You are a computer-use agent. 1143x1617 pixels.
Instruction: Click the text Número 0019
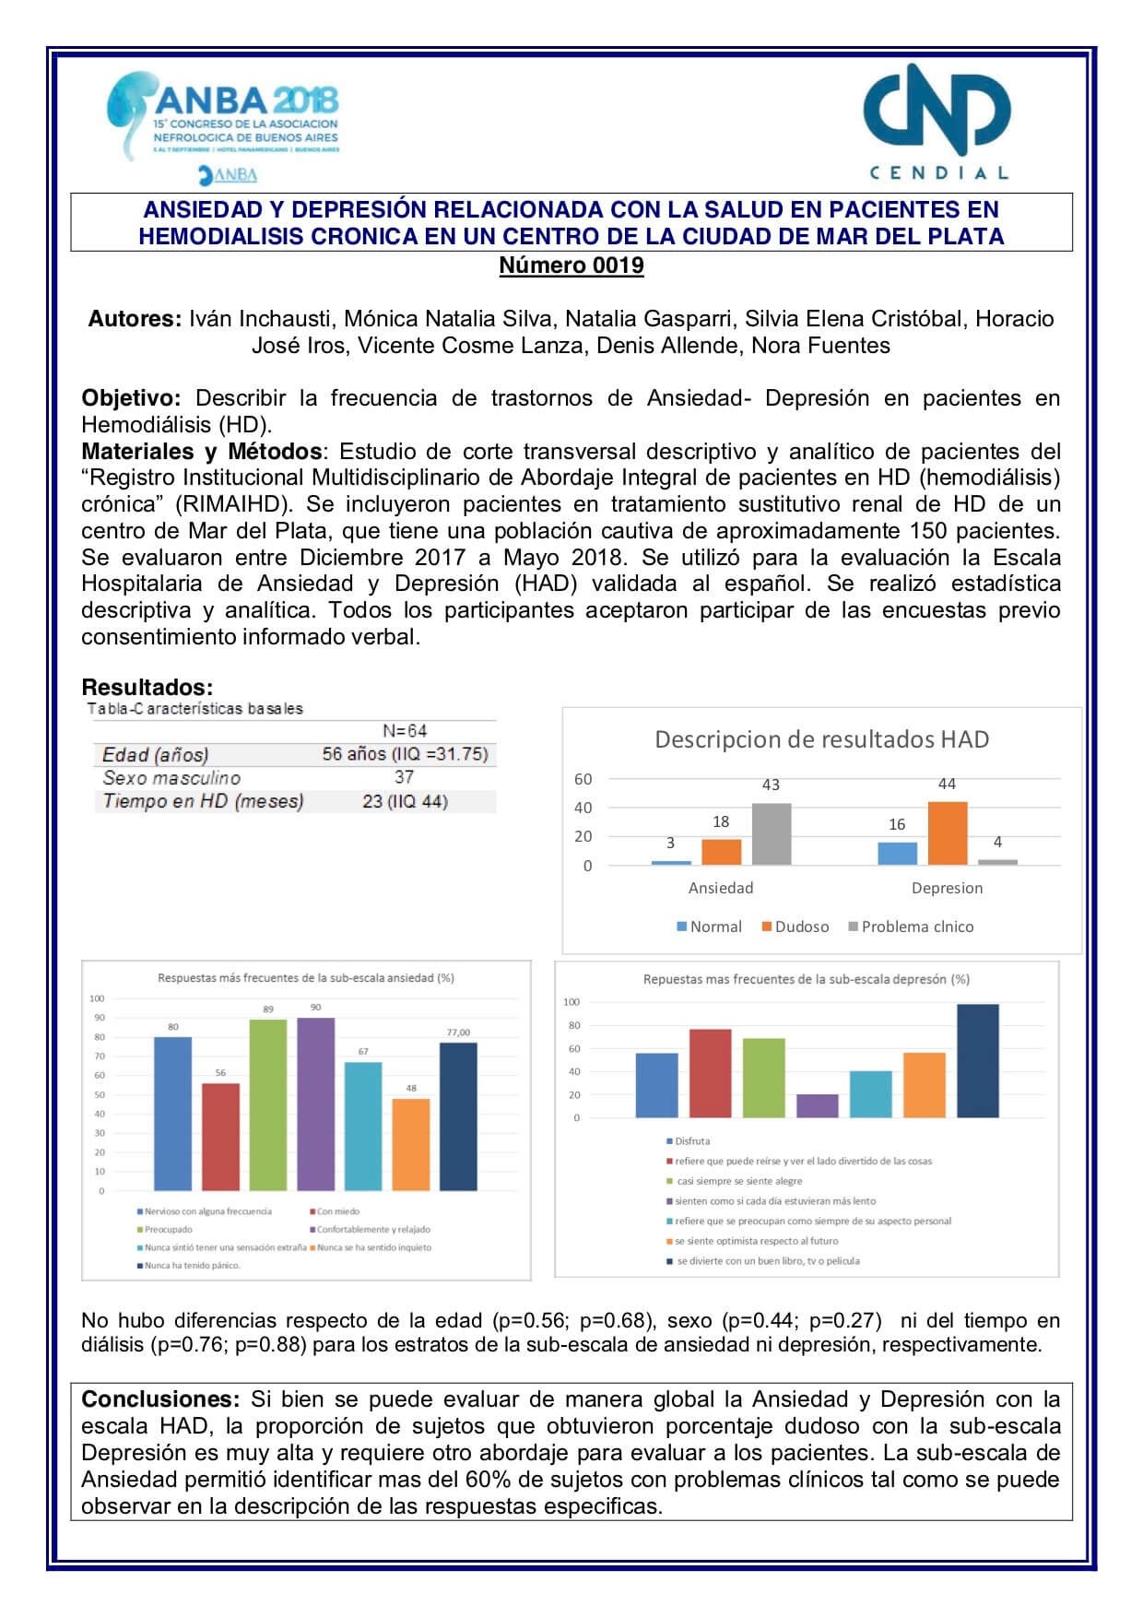tap(571, 266)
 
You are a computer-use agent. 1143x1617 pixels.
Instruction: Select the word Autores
tap(134, 319)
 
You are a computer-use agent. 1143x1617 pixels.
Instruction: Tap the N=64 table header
tap(404, 731)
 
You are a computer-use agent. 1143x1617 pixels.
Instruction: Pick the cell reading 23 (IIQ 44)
tap(405, 801)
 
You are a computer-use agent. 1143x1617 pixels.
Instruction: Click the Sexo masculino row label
tap(171, 778)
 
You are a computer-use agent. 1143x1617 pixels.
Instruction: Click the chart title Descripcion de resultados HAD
tap(821, 739)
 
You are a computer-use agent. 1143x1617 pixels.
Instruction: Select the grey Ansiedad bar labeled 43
tap(772, 834)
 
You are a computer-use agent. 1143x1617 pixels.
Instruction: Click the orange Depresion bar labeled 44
tap(948, 833)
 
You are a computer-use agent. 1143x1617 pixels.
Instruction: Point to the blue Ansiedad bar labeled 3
tap(671, 862)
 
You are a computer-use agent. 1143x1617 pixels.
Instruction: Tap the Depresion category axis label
tap(947, 888)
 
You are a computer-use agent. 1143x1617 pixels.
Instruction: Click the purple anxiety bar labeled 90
tap(315, 1104)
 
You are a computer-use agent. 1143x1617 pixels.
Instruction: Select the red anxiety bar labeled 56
tap(220, 1136)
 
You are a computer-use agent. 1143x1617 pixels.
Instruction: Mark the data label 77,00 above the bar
tap(458, 1033)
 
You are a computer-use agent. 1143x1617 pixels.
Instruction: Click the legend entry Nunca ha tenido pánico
tap(189, 1266)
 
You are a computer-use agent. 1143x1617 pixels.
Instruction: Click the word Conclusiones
tap(160, 1399)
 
